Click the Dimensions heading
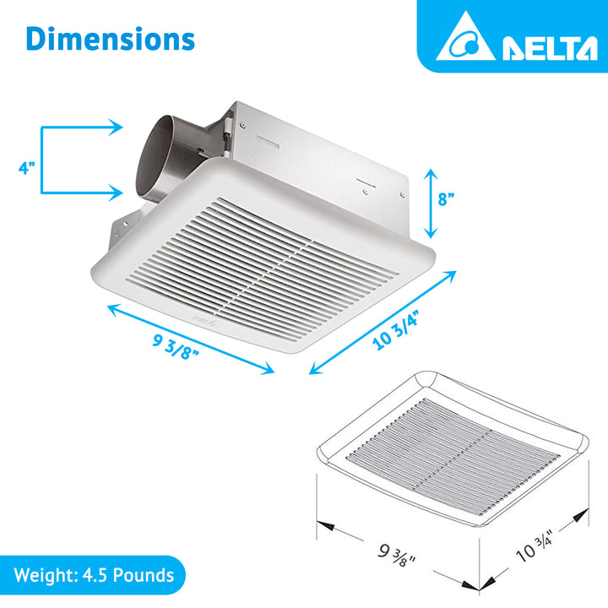110,39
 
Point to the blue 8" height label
447,201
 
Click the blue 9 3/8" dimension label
175,344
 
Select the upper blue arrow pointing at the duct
84,128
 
